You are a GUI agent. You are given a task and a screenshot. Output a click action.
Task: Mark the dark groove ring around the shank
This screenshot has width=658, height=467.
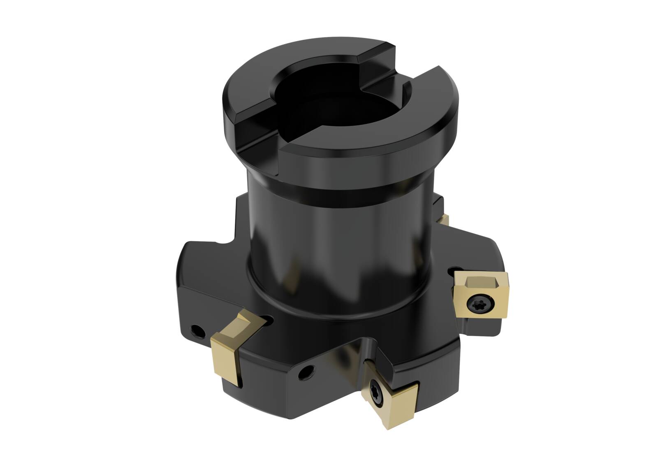pos(337,193)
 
